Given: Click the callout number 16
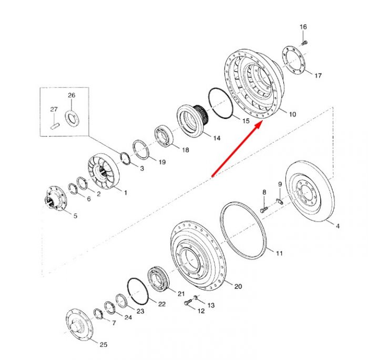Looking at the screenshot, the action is tap(303, 27).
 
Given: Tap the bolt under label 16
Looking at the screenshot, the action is tap(304, 43).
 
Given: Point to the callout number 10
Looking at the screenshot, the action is tap(292, 114).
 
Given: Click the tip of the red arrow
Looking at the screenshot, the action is tap(262, 122).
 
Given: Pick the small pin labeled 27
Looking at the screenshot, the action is tap(55, 126).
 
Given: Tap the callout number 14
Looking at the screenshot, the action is tap(217, 138).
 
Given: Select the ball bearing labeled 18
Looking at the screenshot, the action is tap(164, 137).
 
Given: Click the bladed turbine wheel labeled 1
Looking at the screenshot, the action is tap(104, 171).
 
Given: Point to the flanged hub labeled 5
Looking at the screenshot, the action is tap(55, 197).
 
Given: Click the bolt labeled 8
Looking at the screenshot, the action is tap(263, 209).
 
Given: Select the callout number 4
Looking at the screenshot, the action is tap(338, 226).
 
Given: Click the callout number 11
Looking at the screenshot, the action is tap(279, 253).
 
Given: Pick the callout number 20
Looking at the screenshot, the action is tap(238, 286).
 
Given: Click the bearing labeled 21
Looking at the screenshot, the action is tap(158, 279).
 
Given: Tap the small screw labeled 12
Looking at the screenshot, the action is tap(188, 302).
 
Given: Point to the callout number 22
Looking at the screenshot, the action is tap(162, 304).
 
